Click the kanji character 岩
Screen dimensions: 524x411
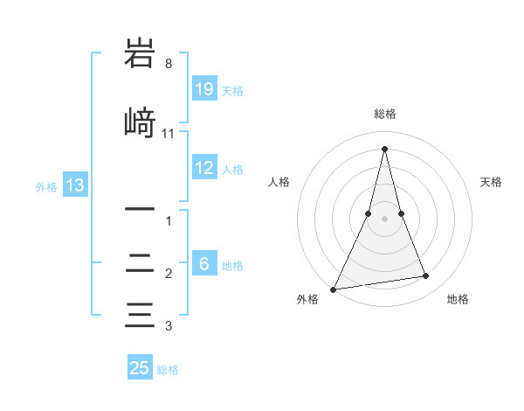tap(140, 55)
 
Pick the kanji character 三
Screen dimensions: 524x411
tap(140, 314)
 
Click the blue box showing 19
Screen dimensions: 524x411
tap(204, 89)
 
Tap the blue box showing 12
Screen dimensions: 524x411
tap(204, 169)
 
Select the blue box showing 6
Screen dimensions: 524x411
tap(204, 264)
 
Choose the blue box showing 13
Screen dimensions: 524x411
tap(75, 185)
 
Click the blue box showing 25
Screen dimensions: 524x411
tap(140, 368)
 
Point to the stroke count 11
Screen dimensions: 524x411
tap(169, 134)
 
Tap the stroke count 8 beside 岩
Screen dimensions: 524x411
tap(168, 64)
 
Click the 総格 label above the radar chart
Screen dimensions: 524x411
tap(384, 114)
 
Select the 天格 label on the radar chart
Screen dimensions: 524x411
tap(491, 182)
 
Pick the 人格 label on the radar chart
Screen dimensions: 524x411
tap(279, 182)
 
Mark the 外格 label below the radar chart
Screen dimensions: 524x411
tap(307, 300)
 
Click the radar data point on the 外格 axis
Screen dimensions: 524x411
tap(334, 289)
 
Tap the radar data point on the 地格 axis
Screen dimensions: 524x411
tap(426, 276)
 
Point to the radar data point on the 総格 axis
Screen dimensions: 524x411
tap(384, 149)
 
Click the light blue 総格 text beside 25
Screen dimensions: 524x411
tap(168, 370)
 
